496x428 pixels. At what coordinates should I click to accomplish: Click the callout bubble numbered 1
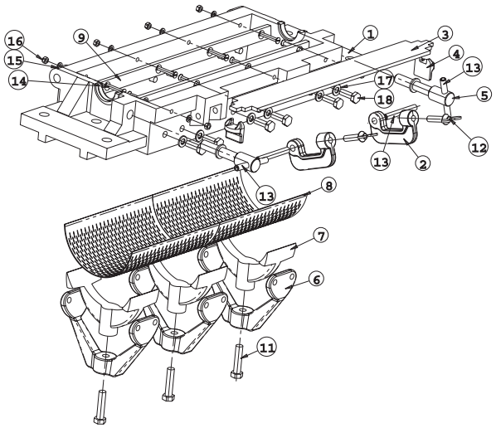pyautogui.click(x=371, y=34)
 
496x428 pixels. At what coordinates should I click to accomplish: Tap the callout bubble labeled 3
pyautogui.click(x=445, y=34)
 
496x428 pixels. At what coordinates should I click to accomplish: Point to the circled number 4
pyautogui.click(x=455, y=54)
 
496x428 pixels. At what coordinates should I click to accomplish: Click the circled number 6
pyautogui.click(x=316, y=279)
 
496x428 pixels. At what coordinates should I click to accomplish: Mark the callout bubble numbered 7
pyautogui.click(x=320, y=236)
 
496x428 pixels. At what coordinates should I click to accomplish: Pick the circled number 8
pyautogui.click(x=329, y=185)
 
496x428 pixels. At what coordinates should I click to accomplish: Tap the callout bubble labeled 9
pyautogui.click(x=81, y=37)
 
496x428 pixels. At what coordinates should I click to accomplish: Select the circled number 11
pyautogui.click(x=267, y=348)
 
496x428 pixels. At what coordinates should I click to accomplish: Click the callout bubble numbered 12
pyautogui.click(x=479, y=148)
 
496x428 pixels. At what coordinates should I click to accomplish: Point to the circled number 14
pyautogui.click(x=19, y=81)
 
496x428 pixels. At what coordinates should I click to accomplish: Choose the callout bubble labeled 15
pyautogui.click(x=15, y=60)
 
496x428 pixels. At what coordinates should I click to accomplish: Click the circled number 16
pyautogui.click(x=15, y=41)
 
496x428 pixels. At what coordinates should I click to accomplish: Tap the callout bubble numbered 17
pyautogui.click(x=385, y=80)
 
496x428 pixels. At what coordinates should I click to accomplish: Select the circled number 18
pyautogui.click(x=385, y=100)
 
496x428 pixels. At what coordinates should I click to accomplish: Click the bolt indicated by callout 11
pyautogui.click(x=237, y=362)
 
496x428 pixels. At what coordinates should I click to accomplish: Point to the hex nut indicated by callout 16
pyautogui.click(x=46, y=59)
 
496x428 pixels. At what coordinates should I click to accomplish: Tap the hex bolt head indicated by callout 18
pyautogui.click(x=355, y=97)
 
